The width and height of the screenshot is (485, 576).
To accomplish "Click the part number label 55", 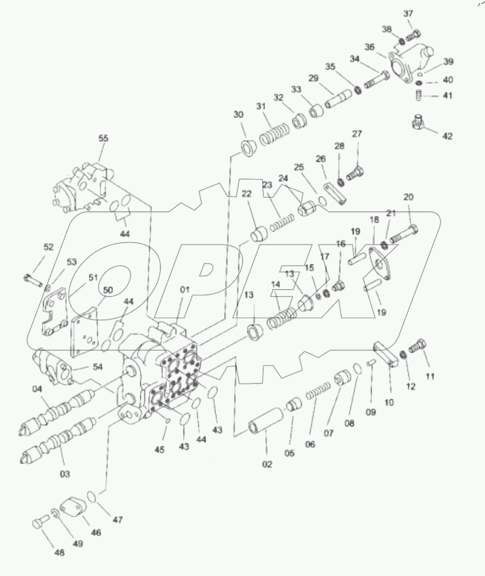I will (x=103, y=138).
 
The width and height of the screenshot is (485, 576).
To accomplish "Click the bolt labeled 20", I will (x=403, y=233).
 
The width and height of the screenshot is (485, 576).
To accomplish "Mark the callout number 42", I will (x=447, y=136).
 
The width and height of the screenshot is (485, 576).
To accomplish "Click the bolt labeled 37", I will (x=415, y=35).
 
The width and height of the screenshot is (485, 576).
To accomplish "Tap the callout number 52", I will (x=48, y=247).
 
